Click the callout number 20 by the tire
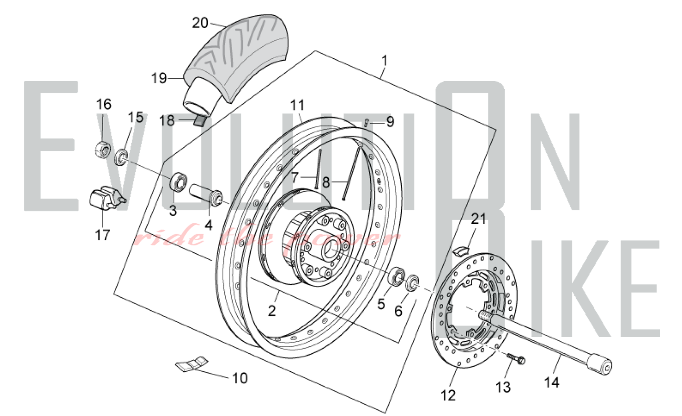[200, 23]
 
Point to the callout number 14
[551, 382]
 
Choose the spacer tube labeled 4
[206, 195]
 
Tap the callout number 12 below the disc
[448, 396]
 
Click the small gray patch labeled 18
[201, 121]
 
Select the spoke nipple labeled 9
[366, 122]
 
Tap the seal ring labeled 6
[413, 283]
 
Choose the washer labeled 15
[121, 157]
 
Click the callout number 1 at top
[385, 61]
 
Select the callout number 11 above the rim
[297, 105]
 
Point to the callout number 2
[271, 311]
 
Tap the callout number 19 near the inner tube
[159, 78]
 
